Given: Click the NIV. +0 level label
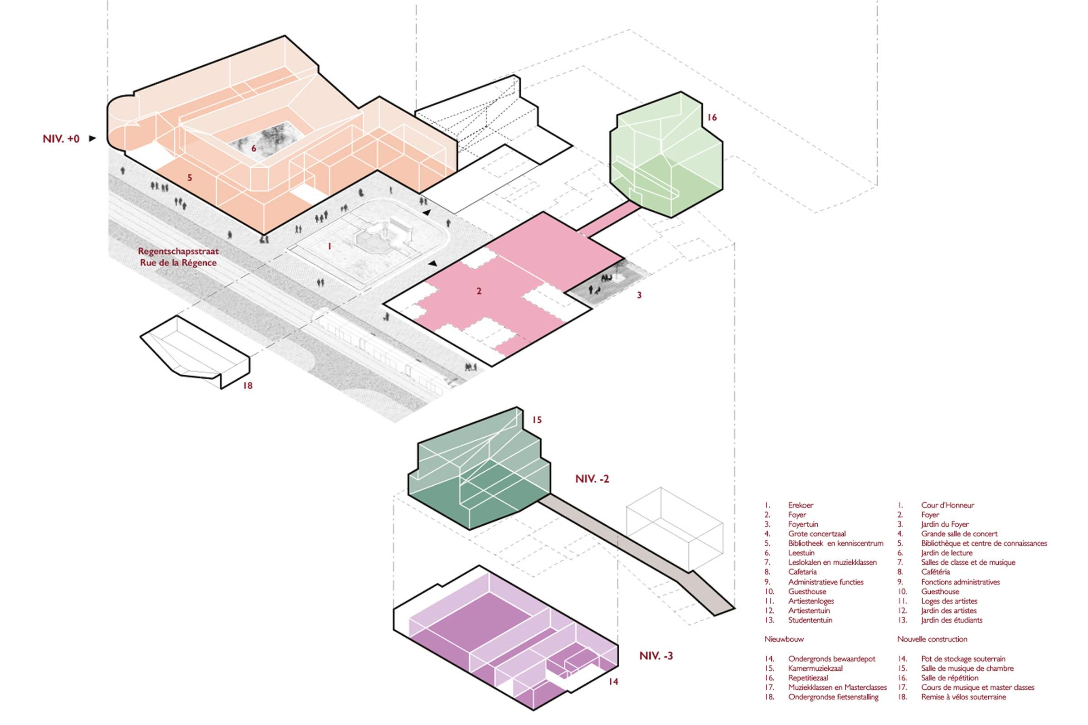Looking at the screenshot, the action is click(61, 139).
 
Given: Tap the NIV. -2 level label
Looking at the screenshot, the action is click(592, 479).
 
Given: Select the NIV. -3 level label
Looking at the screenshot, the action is click(656, 656).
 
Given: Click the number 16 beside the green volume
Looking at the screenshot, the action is click(712, 117).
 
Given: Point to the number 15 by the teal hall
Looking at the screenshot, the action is click(537, 420).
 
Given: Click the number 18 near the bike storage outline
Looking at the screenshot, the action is click(248, 385).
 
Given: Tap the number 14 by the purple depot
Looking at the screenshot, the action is click(613, 681).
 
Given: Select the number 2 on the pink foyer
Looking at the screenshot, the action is click(479, 291).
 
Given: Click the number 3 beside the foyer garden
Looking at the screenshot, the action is click(639, 295).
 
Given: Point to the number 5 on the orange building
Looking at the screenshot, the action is click(189, 178).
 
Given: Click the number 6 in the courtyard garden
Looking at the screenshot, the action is click(253, 149).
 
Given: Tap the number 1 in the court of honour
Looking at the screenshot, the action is click(330, 246).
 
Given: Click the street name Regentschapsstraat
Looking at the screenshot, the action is click(179, 251).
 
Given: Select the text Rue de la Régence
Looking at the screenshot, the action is click(179, 263).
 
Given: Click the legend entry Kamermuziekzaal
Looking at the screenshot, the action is click(816, 668).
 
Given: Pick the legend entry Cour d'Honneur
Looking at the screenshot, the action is click(947, 505).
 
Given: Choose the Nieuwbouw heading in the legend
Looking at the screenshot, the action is click(784, 639).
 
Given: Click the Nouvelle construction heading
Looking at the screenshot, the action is click(932, 639).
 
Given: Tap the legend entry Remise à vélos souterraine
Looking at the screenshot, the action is click(964, 697).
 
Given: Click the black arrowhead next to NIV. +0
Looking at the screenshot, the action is click(92, 138).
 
